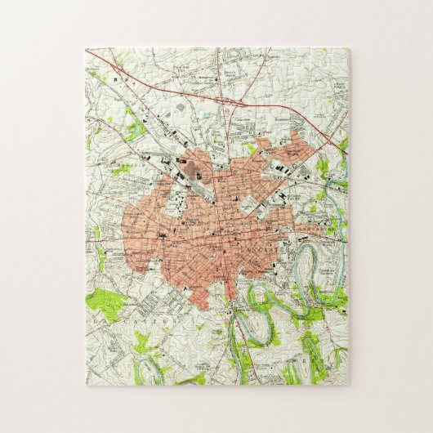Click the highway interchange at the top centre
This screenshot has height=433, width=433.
coord(222,100)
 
